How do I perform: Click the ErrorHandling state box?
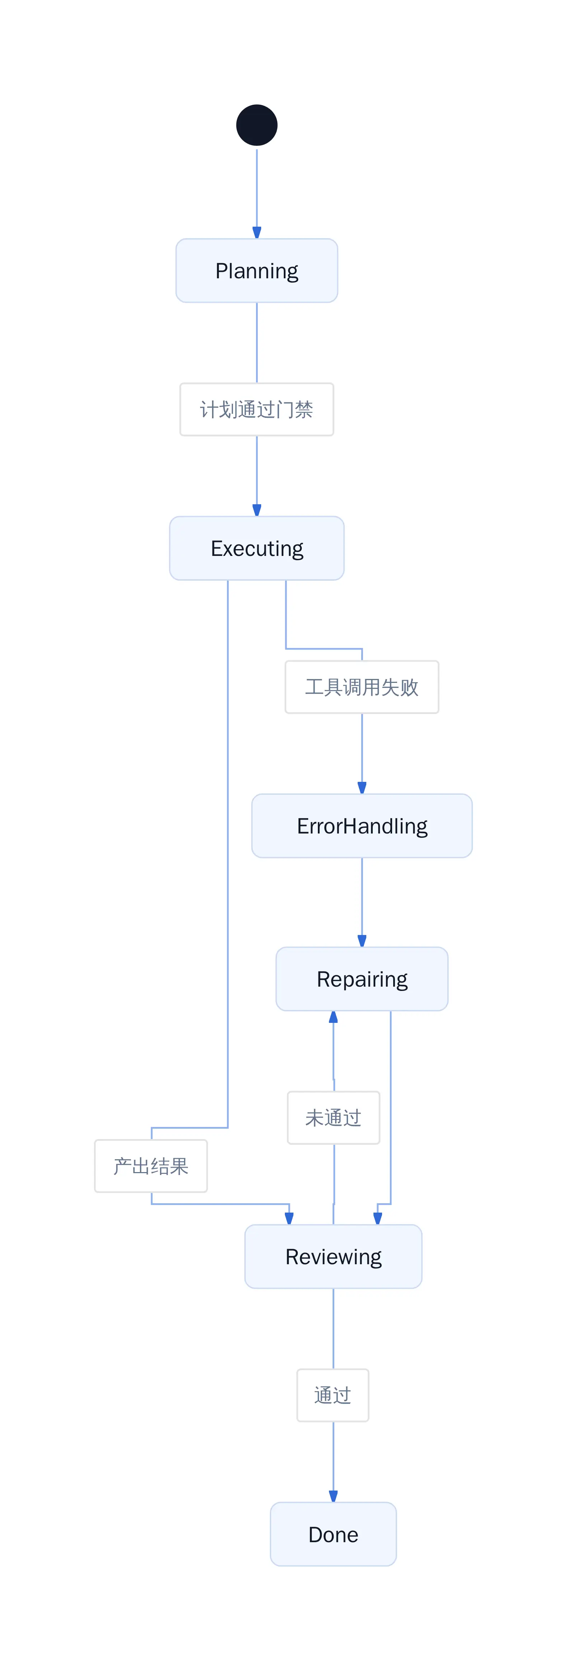coord(362,826)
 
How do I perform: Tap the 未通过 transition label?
coord(333,1118)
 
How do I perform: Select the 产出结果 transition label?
coord(151,1166)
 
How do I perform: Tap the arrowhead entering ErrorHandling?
coord(362,788)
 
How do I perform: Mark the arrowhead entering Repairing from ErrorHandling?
coord(362,941)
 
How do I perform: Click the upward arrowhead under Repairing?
coord(333,1017)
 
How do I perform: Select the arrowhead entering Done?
coord(333,1497)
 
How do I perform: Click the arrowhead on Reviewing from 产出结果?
coord(289,1219)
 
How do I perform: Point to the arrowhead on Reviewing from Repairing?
coord(378,1219)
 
